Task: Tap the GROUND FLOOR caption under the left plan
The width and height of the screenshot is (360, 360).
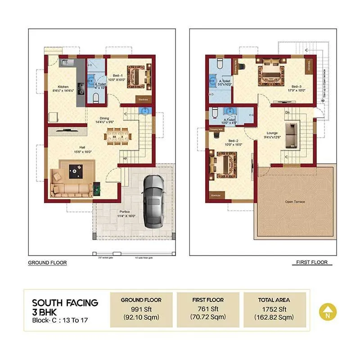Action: [47, 263]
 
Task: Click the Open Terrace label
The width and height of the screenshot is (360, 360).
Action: [295, 202]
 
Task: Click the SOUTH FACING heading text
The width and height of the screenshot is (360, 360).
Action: [65, 302]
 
